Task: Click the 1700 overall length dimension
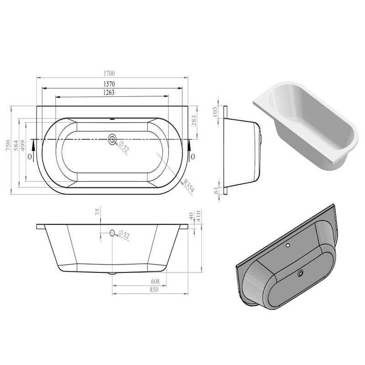[109, 73]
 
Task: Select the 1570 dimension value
[109, 84]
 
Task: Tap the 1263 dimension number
[109, 93]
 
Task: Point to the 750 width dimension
[8, 146]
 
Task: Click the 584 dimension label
[16, 146]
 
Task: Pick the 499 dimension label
[22, 146]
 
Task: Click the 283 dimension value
[193, 120]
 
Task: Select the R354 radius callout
[188, 186]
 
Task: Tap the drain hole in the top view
[112, 139]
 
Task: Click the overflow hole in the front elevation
[112, 233]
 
